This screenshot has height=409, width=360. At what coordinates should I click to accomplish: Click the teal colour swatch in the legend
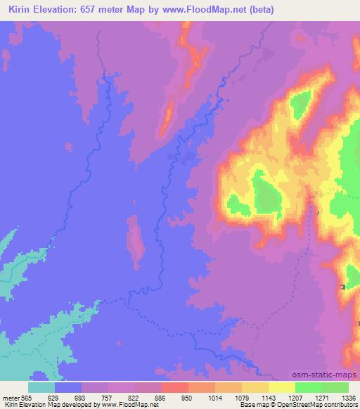(x=41, y=387)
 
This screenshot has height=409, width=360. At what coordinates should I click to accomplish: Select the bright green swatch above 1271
(x=308, y=387)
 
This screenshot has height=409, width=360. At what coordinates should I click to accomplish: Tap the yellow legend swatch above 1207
(x=281, y=387)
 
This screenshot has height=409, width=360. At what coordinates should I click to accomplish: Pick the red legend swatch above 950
(x=174, y=387)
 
